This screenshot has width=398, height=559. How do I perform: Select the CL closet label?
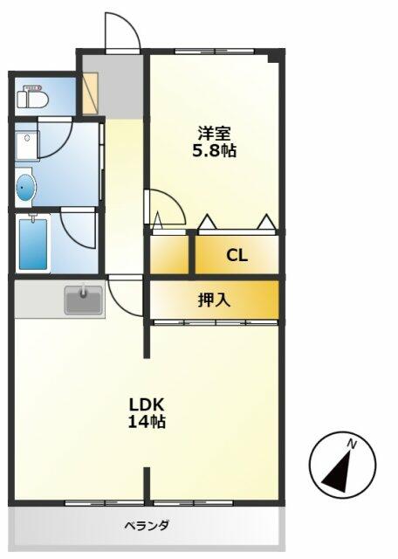[237, 255]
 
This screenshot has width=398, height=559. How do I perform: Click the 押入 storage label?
[214, 300]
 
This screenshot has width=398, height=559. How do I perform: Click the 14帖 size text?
[148, 422]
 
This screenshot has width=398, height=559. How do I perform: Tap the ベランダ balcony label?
[146, 526]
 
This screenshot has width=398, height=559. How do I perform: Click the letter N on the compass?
[352, 445]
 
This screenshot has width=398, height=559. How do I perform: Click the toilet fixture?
[32, 95]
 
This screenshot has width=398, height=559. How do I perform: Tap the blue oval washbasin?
[26, 186]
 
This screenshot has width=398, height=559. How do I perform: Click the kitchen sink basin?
[84, 302]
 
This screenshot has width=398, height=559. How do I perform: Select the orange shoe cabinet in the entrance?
[91, 94]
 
